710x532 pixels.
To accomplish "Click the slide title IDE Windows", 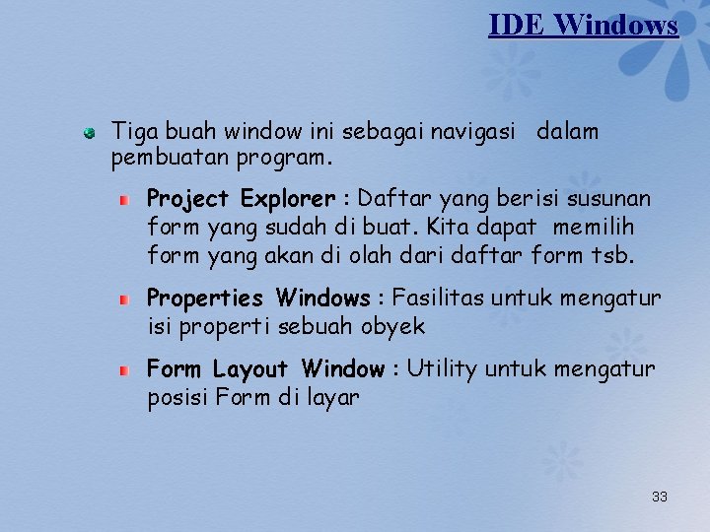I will pyautogui.click(x=583, y=25).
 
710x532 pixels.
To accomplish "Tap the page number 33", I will pyautogui.click(x=660, y=497).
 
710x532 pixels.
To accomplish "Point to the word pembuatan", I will pyautogui.click(x=159, y=158).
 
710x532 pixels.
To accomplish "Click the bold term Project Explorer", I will pyautogui.click(x=242, y=200).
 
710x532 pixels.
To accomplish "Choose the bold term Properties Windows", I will pyautogui.click(x=258, y=299).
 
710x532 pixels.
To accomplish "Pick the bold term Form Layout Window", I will pyautogui.click(x=264, y=370).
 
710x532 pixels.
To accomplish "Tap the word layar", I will pyautogui.click(x=332, y=398).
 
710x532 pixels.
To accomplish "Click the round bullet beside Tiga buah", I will pyautogui.click(x=90, y=131).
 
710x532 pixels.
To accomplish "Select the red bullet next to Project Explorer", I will pyautogui.click(x=124, y=200).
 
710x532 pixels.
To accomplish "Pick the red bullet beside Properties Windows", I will pyautogui.click(x=124, y=299).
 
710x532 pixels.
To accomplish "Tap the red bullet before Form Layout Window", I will pyautogui.click(x=124, y=370).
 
